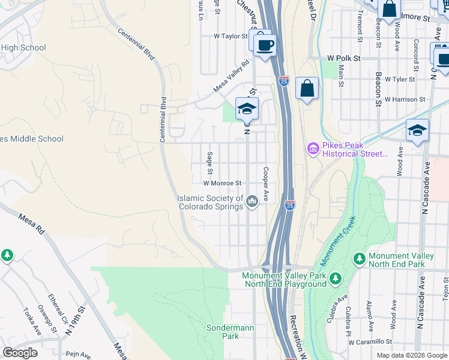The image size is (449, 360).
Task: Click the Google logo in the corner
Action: (20, 352)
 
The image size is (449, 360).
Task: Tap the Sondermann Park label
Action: (223, 332)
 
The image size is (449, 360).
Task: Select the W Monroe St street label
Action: (222, 183)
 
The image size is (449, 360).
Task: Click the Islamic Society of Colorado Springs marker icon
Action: (252, 200)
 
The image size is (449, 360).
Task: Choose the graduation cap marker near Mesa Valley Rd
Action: (246, 109)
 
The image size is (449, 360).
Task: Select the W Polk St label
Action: (343, 58)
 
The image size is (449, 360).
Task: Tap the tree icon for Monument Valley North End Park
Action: (360, 258)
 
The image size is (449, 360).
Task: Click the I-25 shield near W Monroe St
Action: (290, 205)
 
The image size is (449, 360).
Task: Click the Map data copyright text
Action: (411, 355)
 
